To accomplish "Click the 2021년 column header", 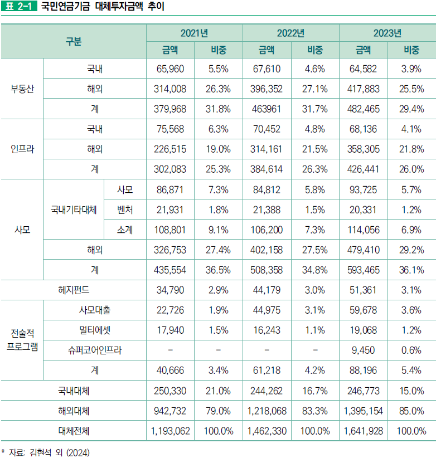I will click(x=194, y=33).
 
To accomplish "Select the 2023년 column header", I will click(x=387, y=33).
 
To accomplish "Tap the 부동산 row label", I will click(x=22, y=89).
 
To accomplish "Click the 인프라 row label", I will click(x=22, y=149).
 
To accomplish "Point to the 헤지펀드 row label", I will click(x=74, y=290).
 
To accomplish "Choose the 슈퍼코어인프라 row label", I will click(x=95, y=350).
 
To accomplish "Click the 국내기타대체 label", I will click(x=74, y=209).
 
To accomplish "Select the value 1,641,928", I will click(x=363, y=431).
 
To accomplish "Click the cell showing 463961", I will click(x=267, y=109).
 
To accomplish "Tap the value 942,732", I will click(x=170, y=411).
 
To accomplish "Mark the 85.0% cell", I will click(x=411, y=411).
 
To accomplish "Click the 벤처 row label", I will click(x=125, y=209).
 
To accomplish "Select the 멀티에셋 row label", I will click(x=95, y=330).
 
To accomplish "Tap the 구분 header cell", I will click(x=74, y=41).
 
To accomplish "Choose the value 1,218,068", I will click(x=267, y=411).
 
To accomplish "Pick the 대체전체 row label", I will click(x=74, y=431).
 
